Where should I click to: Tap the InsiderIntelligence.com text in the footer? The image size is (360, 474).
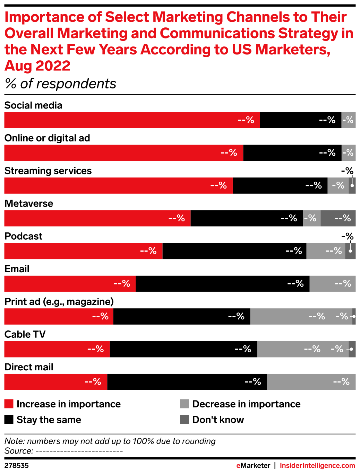click(317, 466)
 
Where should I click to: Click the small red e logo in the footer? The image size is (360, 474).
click(238, 466)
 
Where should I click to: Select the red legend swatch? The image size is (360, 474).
click(9, 404)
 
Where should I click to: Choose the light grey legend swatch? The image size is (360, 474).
click(185, 404)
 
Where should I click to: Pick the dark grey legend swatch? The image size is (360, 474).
click(185, 419)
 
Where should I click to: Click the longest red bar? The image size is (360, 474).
click(132, 120)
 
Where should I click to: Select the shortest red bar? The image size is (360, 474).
click(55, 382)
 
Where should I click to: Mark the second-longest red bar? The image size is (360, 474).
click(123, 153)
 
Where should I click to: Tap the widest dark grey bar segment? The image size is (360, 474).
click(338, 218)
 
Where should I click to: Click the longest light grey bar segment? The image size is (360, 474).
click(301, 317)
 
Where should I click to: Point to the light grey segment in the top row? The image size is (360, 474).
click(349, 120)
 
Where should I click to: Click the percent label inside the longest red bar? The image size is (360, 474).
click(246, 120)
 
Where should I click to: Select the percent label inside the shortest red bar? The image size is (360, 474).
click(93, 382)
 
